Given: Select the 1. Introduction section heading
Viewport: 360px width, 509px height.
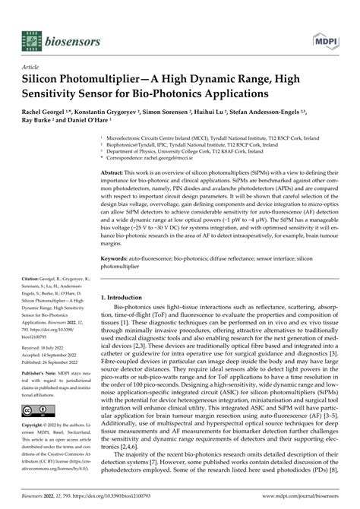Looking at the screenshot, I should tap(129, 298).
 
